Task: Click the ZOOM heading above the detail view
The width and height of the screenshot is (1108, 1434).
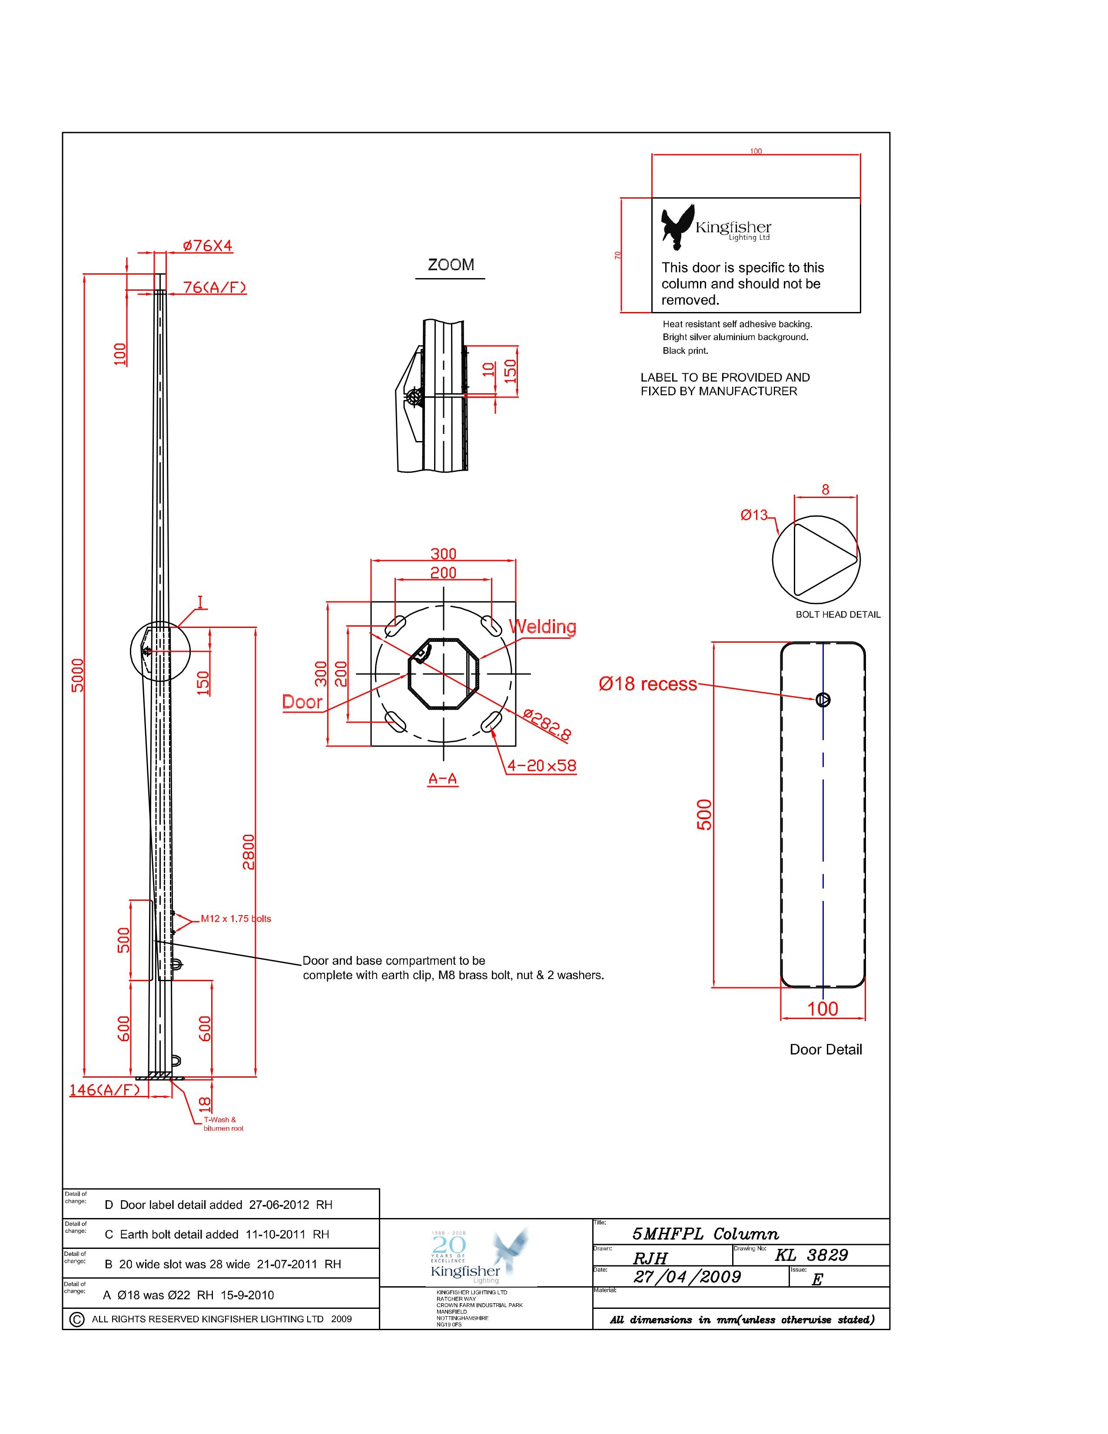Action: tap(450, 265)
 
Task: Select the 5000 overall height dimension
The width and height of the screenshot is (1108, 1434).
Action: tap(77, 674)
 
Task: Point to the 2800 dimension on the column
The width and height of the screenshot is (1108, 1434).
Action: tap(248, 852)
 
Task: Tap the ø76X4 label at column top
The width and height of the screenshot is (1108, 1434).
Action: tap(207, 246)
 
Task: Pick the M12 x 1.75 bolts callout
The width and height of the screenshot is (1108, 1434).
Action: tap(236, 919)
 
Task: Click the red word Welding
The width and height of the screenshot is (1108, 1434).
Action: tap(543, 626)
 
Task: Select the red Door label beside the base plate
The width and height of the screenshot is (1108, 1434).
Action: tap(302, 702)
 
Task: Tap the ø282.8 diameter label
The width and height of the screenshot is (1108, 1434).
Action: tap(547, 724)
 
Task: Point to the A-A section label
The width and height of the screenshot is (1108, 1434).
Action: tap(443, 779)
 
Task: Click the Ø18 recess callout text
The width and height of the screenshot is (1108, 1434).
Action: tap(647, 684)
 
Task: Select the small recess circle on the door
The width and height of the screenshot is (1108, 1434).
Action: tap(823, 700)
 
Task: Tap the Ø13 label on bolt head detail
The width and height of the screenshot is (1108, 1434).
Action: tap(754, 515)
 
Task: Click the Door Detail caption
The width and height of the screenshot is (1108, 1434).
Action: tap(825, 1049)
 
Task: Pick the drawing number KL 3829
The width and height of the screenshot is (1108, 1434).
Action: tap(811, 1255)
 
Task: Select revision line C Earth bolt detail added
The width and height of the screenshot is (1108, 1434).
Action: tap(217, 1235)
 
